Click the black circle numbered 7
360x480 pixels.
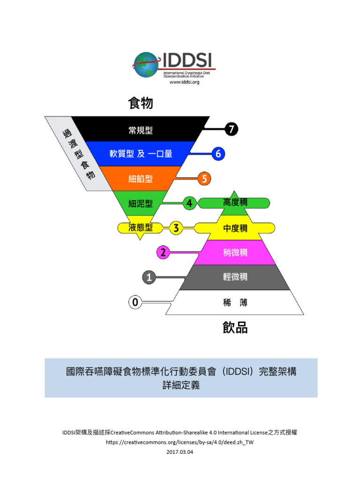(232, 129)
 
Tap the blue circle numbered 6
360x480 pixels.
(218, 154)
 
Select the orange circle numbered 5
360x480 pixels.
(204, 179)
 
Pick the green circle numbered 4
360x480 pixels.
(189, 203)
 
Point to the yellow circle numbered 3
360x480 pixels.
(176, 228)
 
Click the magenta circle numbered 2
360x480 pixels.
(163, 253)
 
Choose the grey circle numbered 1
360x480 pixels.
(149, 277)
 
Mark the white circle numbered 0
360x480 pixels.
(135, 302)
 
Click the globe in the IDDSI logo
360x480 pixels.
(146, 65)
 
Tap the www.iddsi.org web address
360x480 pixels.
(184, 82)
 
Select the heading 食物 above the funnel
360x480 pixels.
(141, 103)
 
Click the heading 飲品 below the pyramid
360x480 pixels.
(235, 328)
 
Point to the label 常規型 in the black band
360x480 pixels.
(141, 130)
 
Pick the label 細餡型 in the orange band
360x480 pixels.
(141, 179)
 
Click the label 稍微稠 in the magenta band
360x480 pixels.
(235, 253)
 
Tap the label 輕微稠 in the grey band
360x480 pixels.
(235, 277)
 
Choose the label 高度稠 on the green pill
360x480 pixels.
(235, 202)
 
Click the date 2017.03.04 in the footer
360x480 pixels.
(180, 452)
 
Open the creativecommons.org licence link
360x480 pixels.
(180, 442)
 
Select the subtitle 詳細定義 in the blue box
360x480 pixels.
(181, 385)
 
